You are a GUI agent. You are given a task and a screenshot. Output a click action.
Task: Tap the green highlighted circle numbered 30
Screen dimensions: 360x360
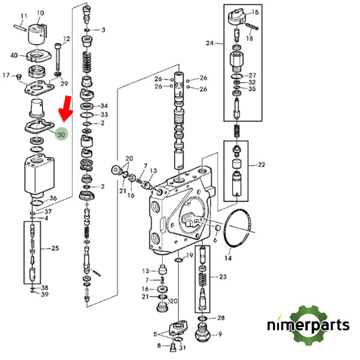pos(61,136)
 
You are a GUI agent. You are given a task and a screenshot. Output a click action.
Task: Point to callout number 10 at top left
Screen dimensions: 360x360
pos(40,13)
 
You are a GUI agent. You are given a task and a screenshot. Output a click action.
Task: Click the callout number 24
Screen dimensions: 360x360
pos(209,43)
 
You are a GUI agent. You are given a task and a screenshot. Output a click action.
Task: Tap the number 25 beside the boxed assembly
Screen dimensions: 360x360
pos(55,248)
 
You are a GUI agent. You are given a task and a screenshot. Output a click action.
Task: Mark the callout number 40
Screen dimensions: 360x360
pos(14,56)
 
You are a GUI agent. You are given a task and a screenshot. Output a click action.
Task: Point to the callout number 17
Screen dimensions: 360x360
pos(7,75)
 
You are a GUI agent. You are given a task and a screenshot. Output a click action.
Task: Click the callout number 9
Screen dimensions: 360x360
pos(220,335)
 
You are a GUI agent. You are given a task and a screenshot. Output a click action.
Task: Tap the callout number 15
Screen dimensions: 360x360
pos(255,12)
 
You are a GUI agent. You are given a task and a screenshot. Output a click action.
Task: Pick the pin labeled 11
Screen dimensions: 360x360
pos(19,25)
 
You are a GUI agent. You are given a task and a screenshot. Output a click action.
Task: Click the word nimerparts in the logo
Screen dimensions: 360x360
pos(308,326)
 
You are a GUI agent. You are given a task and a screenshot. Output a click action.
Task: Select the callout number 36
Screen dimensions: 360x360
pos(53,199)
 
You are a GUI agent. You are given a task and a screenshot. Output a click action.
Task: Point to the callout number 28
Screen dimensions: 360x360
pos(220,317)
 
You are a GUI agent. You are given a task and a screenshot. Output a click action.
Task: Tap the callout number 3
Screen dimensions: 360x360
pos(103,29)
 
